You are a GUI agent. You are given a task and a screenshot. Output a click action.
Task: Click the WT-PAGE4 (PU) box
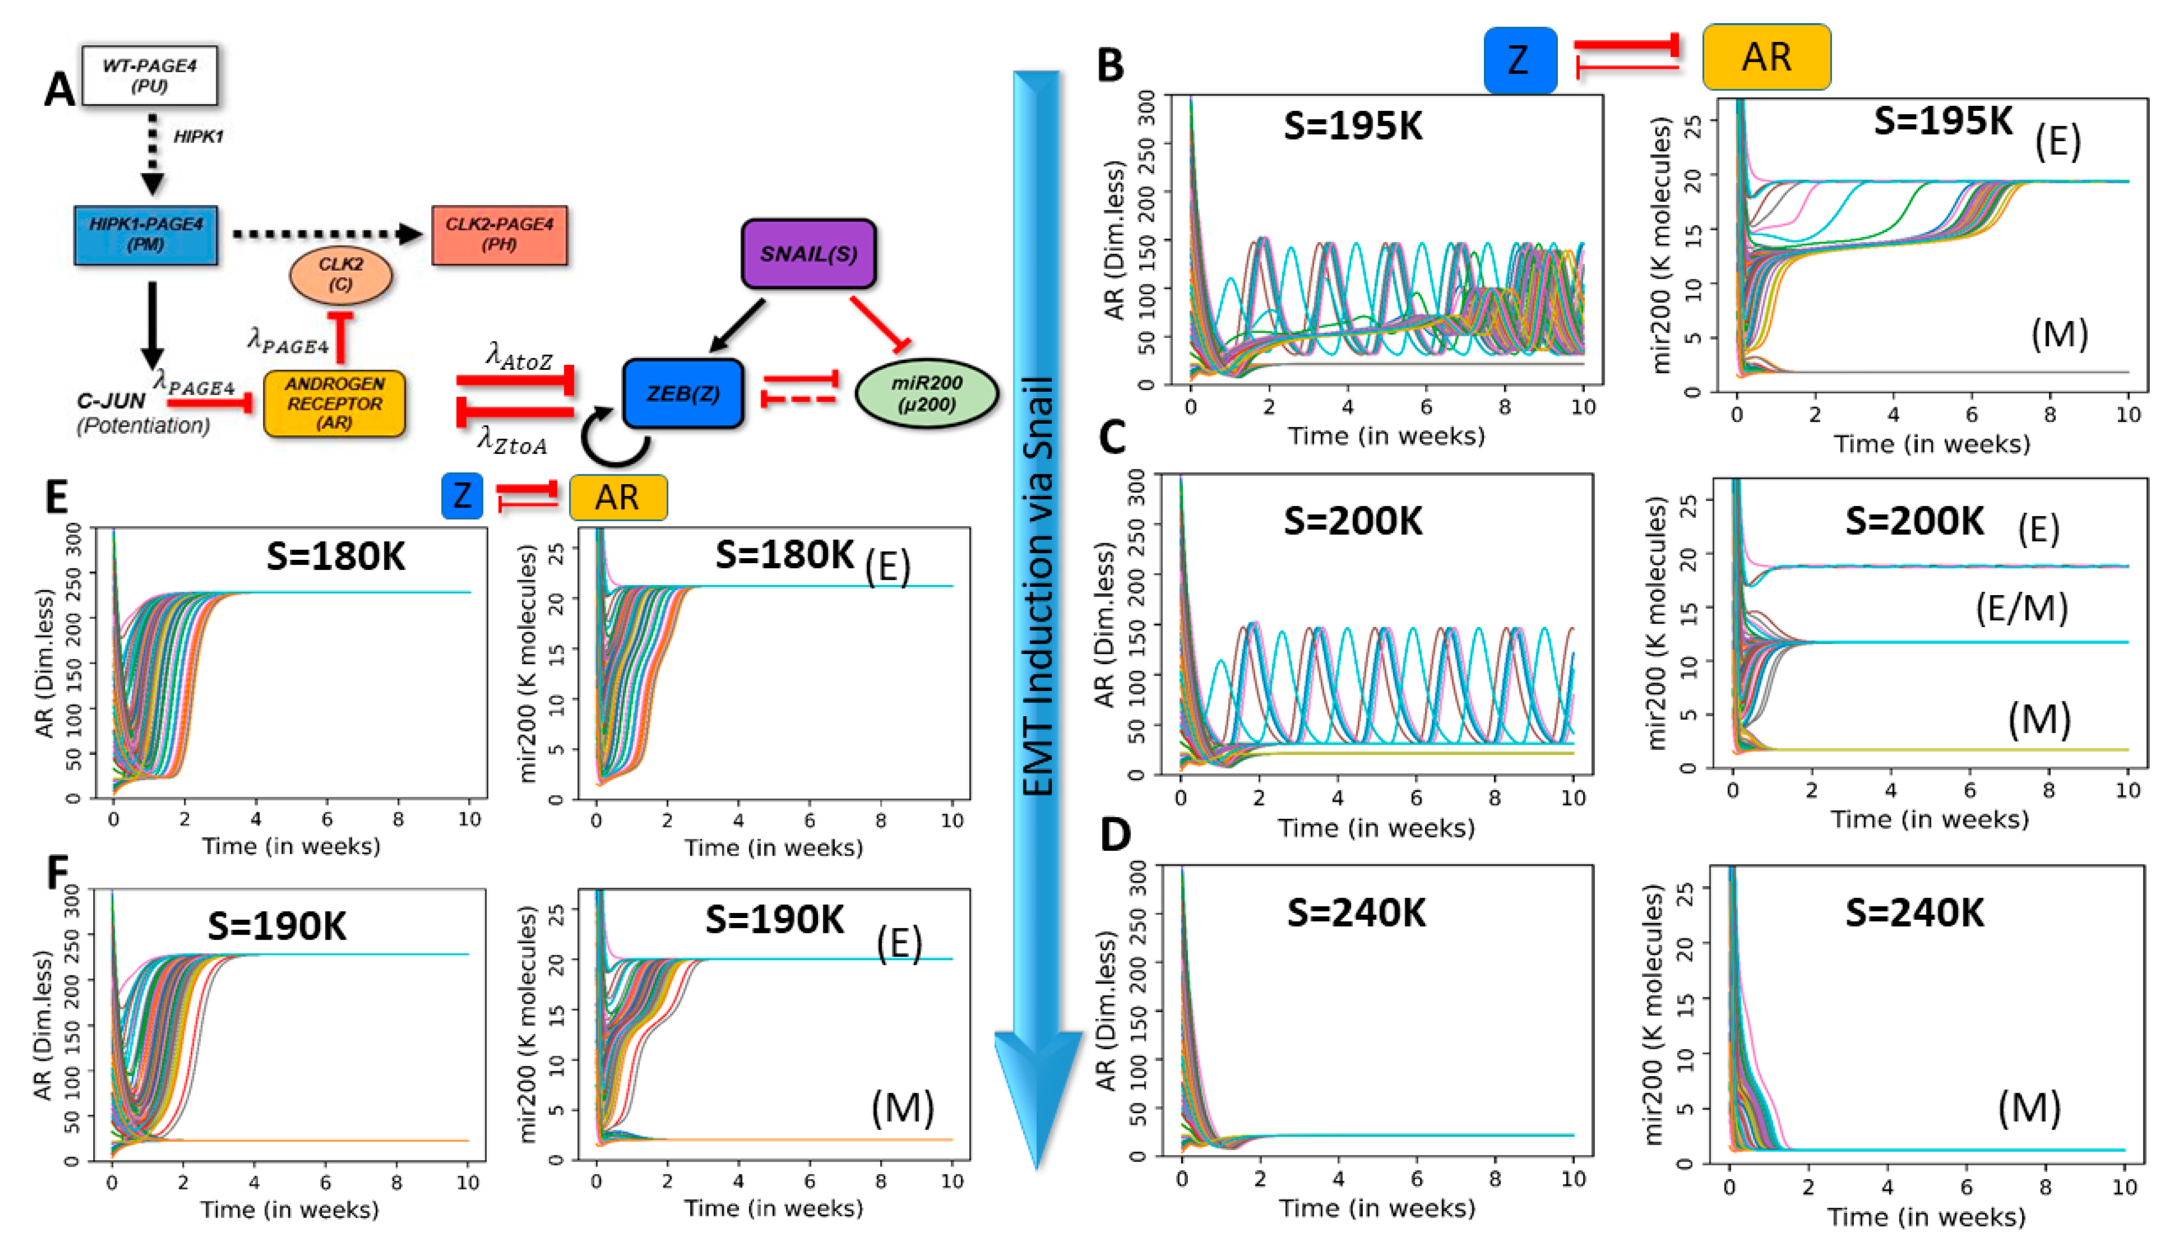pos(149,75)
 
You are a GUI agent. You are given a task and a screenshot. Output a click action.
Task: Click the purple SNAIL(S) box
pos(809,253)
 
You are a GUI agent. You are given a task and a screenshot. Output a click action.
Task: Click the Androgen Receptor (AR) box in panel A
pos(334,403)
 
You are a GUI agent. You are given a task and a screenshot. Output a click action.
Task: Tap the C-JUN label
pos(111,401)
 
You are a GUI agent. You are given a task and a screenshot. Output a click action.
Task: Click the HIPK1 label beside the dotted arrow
pos(198,136)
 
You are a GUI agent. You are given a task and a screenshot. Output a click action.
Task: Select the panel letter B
pos(1111,65)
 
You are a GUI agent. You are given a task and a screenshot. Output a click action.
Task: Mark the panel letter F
pos(57,873)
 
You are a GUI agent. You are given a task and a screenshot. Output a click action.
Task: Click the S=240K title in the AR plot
pos(1356,913)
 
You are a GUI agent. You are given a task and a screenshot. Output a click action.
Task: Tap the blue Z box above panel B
pos(1519,59)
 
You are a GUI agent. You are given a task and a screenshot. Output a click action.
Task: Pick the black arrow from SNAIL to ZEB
pos(738,326)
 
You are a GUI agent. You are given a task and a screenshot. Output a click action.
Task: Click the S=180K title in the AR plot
pos(335,557)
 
